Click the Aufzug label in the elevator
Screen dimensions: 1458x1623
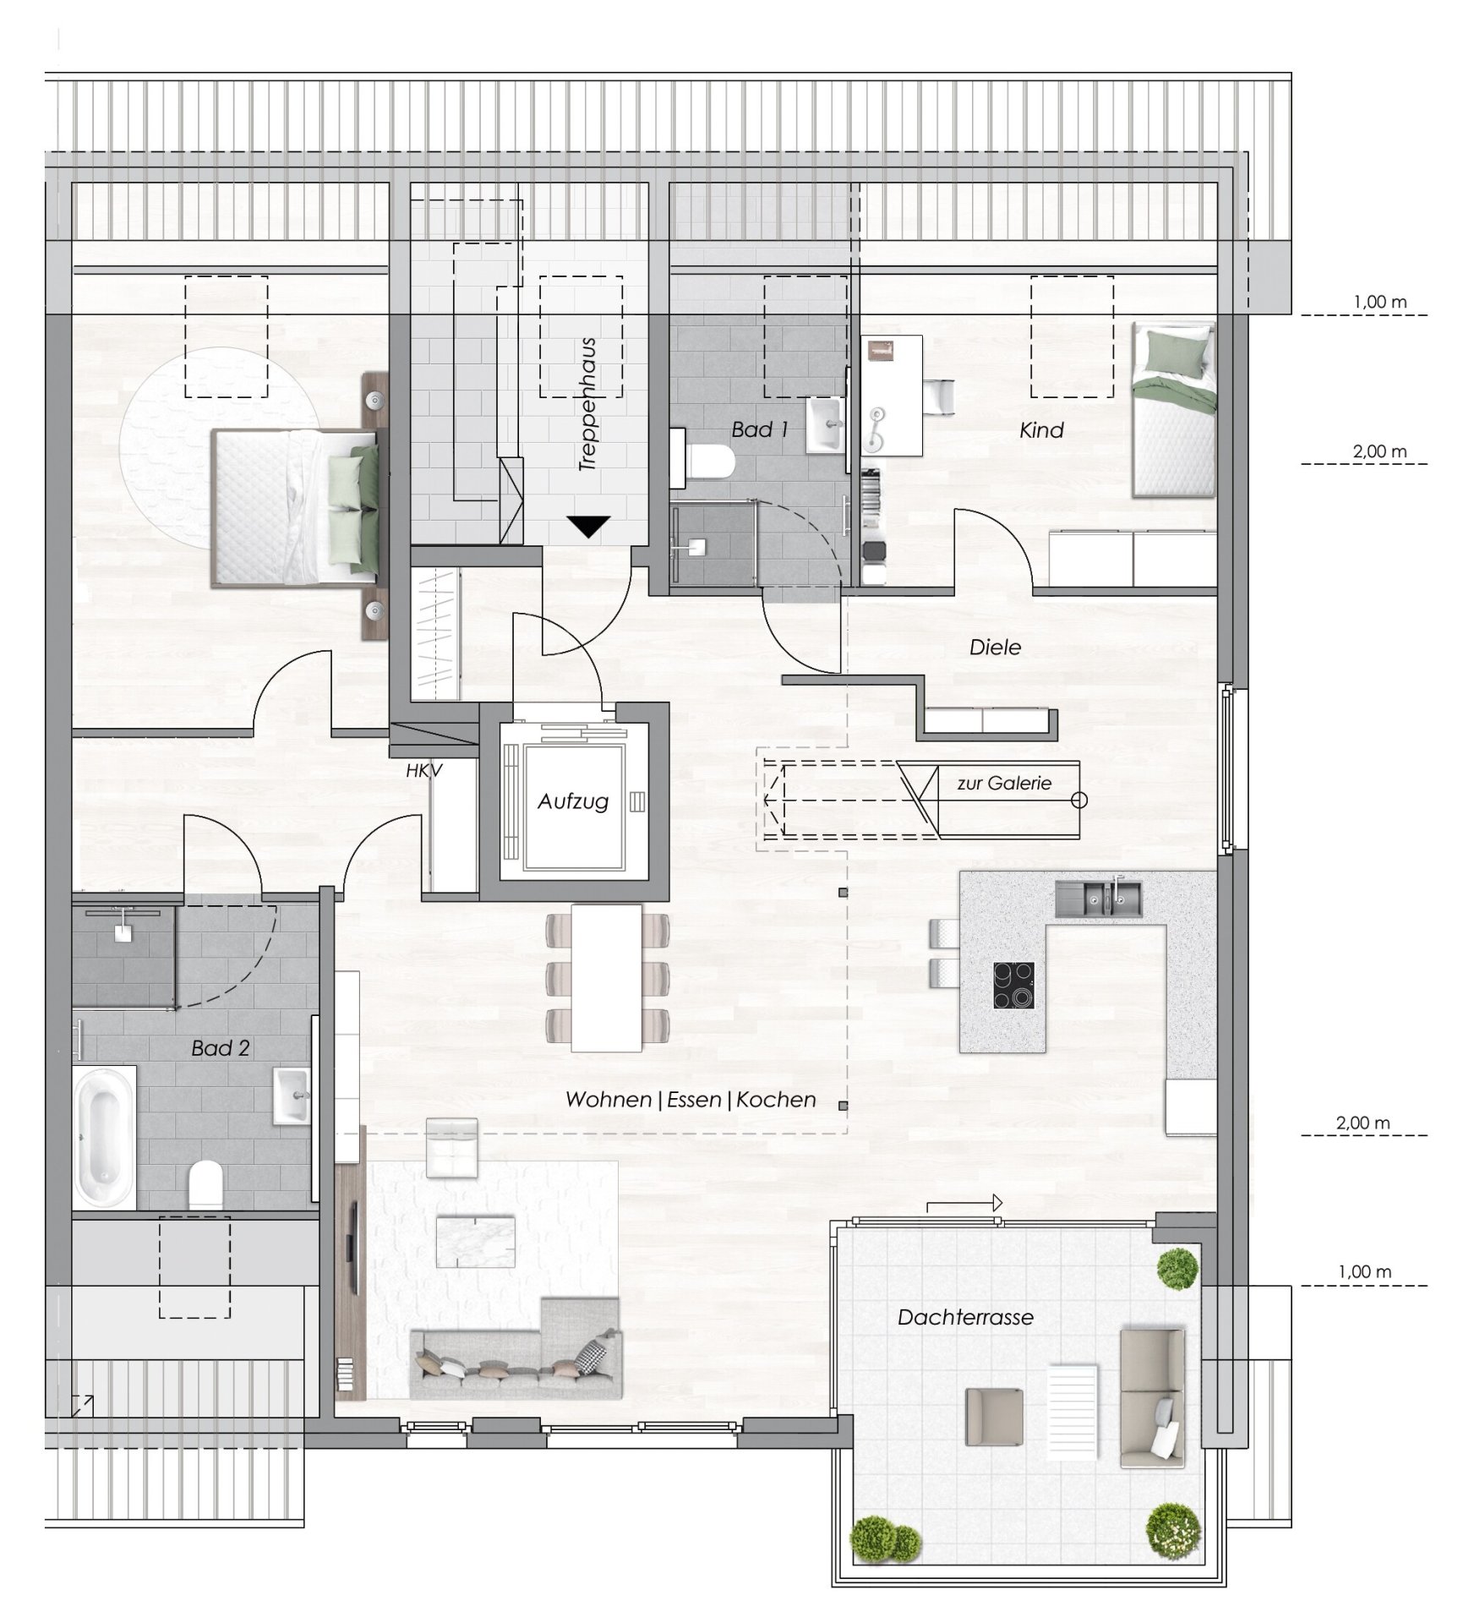click(573, 801)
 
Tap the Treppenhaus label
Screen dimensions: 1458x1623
click(588, 405)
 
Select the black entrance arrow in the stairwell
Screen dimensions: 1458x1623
click(588, 527)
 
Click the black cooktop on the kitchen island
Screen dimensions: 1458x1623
click(1013, 985)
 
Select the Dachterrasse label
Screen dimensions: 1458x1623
click(965, 1317)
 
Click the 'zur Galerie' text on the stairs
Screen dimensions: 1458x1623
click(1004, 784)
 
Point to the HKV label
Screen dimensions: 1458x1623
click(424, 770)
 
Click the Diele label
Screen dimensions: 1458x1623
click(996, 648)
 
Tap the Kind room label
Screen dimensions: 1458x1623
click(1041, 430)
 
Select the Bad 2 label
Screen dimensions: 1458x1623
click(221, 1048)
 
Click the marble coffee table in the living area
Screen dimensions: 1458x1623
click(475, 1240)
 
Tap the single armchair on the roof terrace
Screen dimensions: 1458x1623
click(994, 1416)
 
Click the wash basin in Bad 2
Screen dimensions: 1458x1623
click(292, 1096)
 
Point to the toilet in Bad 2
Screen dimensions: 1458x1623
click(205, 1183)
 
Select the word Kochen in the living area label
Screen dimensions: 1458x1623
click(776, 1100)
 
